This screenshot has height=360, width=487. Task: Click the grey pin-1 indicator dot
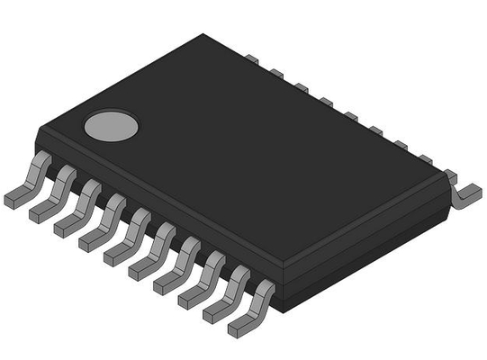112,126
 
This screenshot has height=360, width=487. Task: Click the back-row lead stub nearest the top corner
252,58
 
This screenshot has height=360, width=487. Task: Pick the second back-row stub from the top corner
276,72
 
